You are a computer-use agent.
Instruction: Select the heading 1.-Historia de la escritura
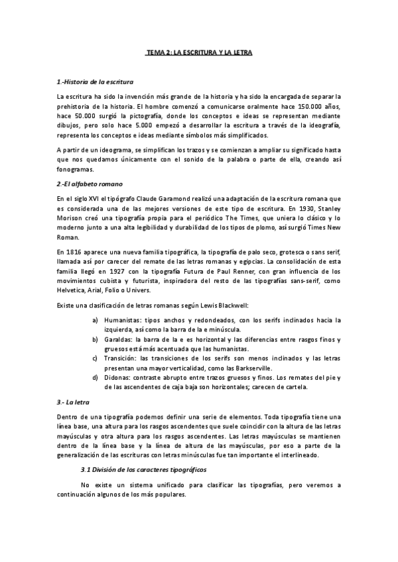coord(96,82)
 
